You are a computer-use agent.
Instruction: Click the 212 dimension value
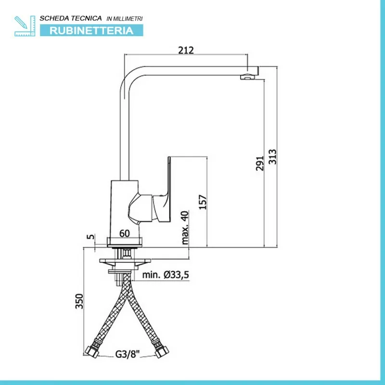(x=186, y=50)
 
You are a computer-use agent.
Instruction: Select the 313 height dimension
(x=272, y=157)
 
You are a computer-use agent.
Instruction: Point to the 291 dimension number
(x=259, y=163)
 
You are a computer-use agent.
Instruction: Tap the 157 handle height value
(x=203, y=202)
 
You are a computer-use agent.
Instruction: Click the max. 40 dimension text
(x=185, y=228)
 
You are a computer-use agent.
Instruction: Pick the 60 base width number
(x=125, y=233)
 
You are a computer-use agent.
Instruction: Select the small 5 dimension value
(x=90, y=237)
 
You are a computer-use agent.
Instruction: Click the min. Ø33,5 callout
(x=166, y=275)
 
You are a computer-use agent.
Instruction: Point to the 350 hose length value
(x=79, y=301)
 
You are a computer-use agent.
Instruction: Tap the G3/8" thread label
(x=128, y=354)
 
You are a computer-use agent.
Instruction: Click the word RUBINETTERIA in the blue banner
(x=91, y=30)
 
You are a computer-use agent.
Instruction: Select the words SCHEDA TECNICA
(x=71, y=18)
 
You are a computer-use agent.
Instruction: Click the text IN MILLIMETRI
(x=125, y=19)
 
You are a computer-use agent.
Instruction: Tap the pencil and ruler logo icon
(x=25, y=26)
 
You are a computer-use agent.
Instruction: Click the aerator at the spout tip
(x=248, y=77)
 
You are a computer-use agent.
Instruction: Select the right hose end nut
(x=162, y=351)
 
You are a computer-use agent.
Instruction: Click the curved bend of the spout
(x=128, y=77)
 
